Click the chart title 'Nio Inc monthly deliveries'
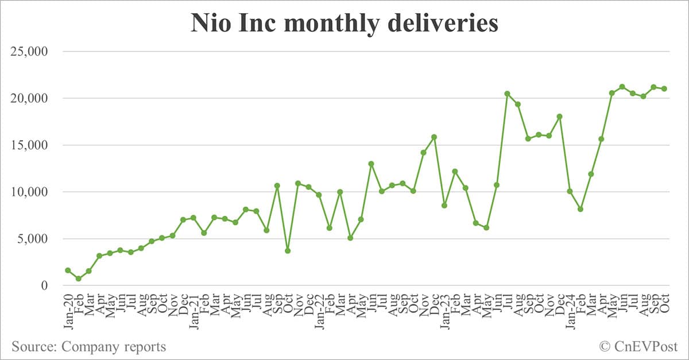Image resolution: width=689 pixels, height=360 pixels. pos(344,24)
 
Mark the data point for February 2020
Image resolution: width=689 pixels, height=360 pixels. pos(79,278)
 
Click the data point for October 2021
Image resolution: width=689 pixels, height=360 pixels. pos(288,251)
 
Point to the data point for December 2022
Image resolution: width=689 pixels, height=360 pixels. pos(434,137)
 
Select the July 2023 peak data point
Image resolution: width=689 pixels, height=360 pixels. pos(507,94)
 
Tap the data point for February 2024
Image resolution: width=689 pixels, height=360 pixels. pos(580,209)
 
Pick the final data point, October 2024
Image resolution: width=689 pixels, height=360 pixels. pos(664,88)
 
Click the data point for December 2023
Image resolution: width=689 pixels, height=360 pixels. pos(559,117)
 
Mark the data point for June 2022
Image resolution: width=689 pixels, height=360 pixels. pos(371,164)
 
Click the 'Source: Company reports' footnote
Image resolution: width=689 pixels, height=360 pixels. pos(88,346)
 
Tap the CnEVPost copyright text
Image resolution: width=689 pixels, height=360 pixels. pos(638,346)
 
